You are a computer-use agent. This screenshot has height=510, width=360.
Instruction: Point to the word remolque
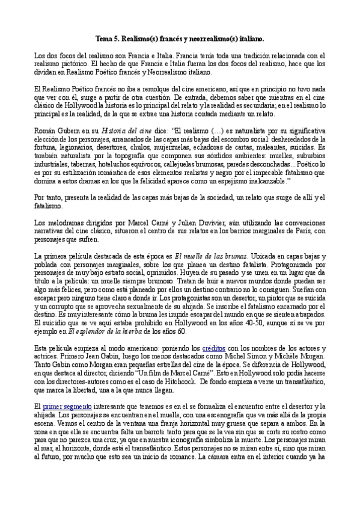[156, 88]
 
